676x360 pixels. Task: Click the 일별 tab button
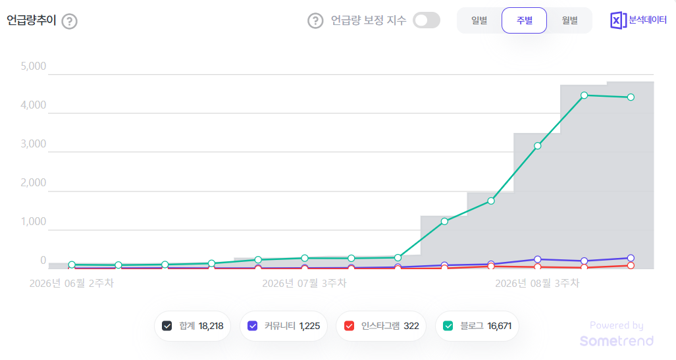point(479,20)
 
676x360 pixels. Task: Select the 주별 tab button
point(524,20)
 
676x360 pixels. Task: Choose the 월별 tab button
point(569,20)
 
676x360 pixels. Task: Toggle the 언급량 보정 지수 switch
point(427,20)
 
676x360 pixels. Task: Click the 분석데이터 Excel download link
point(638,20)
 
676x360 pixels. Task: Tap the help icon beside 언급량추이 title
point(69,21)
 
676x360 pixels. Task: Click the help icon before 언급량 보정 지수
point(315,20)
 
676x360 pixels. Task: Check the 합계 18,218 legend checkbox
point(167,326)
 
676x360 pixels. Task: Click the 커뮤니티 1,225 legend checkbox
point(253,326)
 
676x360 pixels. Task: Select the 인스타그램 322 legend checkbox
point(350,326)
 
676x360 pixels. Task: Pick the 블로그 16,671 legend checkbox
point(448,326)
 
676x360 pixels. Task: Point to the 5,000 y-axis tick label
point(33,66)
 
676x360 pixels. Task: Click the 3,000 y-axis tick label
point(33,143)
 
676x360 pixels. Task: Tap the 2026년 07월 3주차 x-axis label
point(304,283)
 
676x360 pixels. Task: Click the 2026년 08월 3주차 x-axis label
point(537,283)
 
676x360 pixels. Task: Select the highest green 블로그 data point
point(584,95)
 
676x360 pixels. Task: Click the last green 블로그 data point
point(631,97)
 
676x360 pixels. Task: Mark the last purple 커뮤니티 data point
point(631,258)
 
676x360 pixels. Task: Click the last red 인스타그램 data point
point(631,266)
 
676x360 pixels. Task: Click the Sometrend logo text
point(617,341)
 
